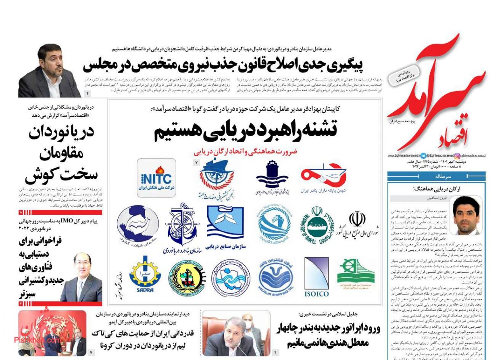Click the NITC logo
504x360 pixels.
(x=156, y=178)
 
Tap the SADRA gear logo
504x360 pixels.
(x=145, y=274)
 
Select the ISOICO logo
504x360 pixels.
(x=316, y=277)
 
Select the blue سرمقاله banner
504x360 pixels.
(x=436, y=177)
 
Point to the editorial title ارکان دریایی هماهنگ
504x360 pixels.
(x=436, y=188)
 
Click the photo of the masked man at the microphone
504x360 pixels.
(x=236, y=333)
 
